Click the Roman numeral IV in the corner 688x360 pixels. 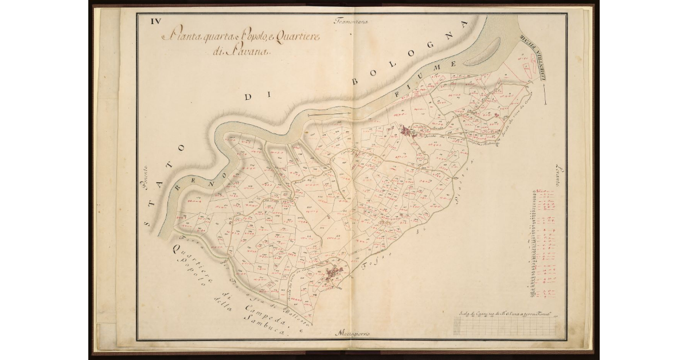[155, 22]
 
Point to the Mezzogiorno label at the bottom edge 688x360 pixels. [352, 332]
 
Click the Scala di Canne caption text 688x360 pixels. [505, 314]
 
